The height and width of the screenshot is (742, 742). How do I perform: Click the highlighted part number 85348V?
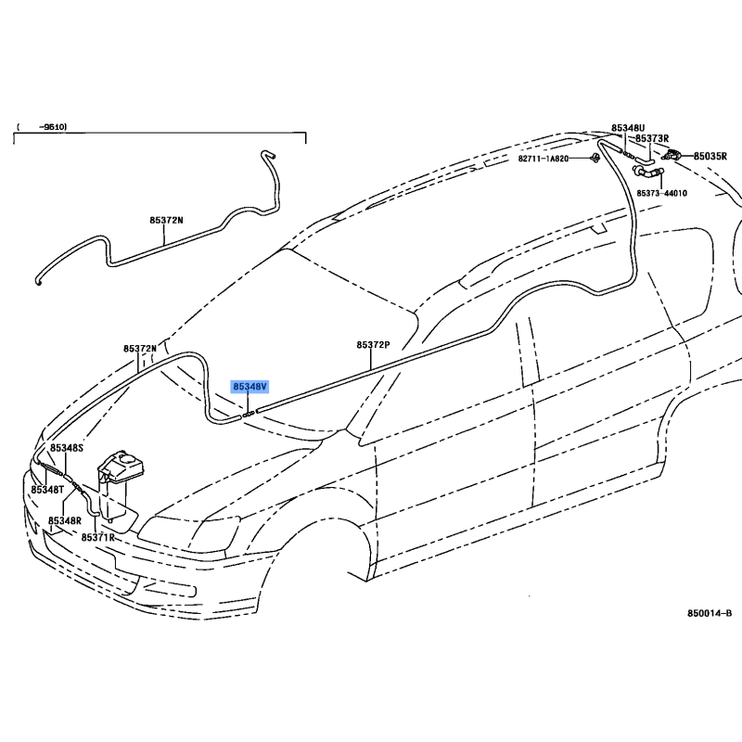pos(249,387)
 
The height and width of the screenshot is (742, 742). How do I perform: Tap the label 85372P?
pos(374,345)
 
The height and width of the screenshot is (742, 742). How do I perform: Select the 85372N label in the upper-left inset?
pos(166,220)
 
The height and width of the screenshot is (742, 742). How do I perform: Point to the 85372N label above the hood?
pos(140,349)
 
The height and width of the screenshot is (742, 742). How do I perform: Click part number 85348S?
pos(67,448)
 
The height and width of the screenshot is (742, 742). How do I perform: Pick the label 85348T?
pos(47,490)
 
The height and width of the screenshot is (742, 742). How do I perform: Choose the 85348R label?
pos(65,520)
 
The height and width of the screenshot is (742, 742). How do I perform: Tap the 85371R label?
pos(98,537)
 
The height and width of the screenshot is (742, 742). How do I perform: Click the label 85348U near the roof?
pos(628,128)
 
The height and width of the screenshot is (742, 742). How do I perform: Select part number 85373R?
pos(652,138)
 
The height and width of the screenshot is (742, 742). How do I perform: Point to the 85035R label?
pos(710,156)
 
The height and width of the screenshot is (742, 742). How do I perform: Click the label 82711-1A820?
pos(544,159)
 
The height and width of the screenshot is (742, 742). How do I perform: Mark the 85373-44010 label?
pos(661,193)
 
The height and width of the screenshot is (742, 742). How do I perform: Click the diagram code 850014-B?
pos(710,613)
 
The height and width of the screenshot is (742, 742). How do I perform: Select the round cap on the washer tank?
pos(126,458)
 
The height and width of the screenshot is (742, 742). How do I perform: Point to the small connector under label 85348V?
pos(249,415)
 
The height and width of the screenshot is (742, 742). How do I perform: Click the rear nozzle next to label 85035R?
pos(673,155)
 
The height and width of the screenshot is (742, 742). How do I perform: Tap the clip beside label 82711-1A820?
pos(595,158)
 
